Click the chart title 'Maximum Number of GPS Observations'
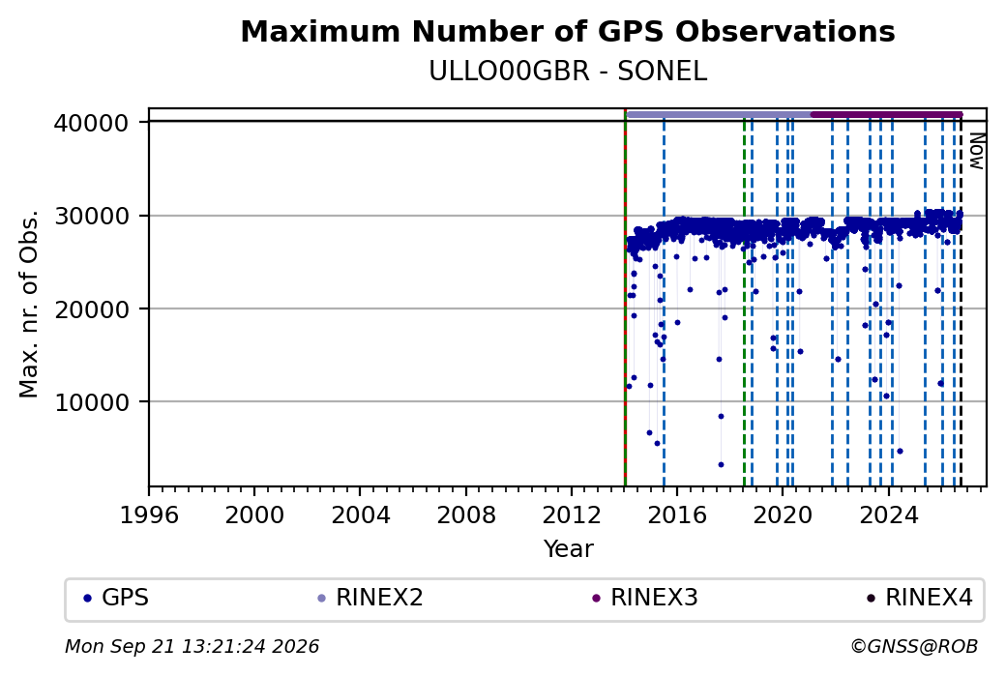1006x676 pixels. [568, 31]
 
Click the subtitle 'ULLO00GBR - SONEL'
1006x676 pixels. [568, 72]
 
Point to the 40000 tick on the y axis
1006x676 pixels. [92, 123]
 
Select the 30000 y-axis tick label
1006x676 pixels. [92, 216]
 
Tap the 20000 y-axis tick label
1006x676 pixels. [92, 309]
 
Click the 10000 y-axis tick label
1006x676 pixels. [92, 402]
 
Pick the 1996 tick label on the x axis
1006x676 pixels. [149, 514]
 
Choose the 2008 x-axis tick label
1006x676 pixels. [466, 514]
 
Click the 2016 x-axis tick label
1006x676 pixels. [677, 514]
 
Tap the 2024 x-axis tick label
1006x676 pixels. [889, 514]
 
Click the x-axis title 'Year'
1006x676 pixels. [569, 549]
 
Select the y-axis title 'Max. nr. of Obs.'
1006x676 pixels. [29, 304]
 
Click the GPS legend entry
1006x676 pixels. [116, 598]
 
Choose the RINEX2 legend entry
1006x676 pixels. [370, 598]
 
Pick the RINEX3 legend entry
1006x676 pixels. [645, 598]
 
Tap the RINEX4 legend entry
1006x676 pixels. [919, 598]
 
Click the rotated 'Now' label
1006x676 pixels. [976, 152]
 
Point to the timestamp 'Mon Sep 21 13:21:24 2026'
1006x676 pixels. [192, 646]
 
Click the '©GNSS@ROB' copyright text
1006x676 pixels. [914, 646]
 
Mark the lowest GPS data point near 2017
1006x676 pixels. [721, 464]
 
